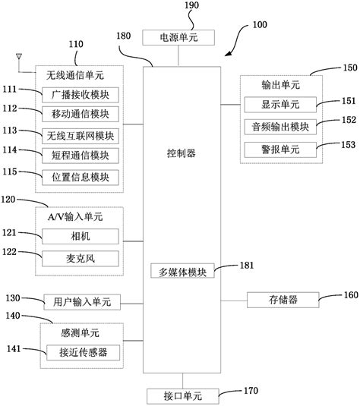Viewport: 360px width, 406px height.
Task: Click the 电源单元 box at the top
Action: click(x=178, y=37)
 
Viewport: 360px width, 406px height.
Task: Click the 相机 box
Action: click(x=79, y=237)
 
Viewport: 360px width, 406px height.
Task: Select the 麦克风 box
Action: click(x=79, y=258)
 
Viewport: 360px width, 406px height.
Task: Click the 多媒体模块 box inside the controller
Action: click(x=182, y=271)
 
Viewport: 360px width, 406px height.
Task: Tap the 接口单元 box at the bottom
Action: click(x=182, y=395)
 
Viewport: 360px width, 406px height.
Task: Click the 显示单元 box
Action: click(x=280, y=105)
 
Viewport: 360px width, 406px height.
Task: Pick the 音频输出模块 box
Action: click(x=280, y=126)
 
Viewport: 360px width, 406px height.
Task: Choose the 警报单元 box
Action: click(x=280, y=146)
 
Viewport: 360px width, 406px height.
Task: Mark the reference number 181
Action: click(x=248, y=265)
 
